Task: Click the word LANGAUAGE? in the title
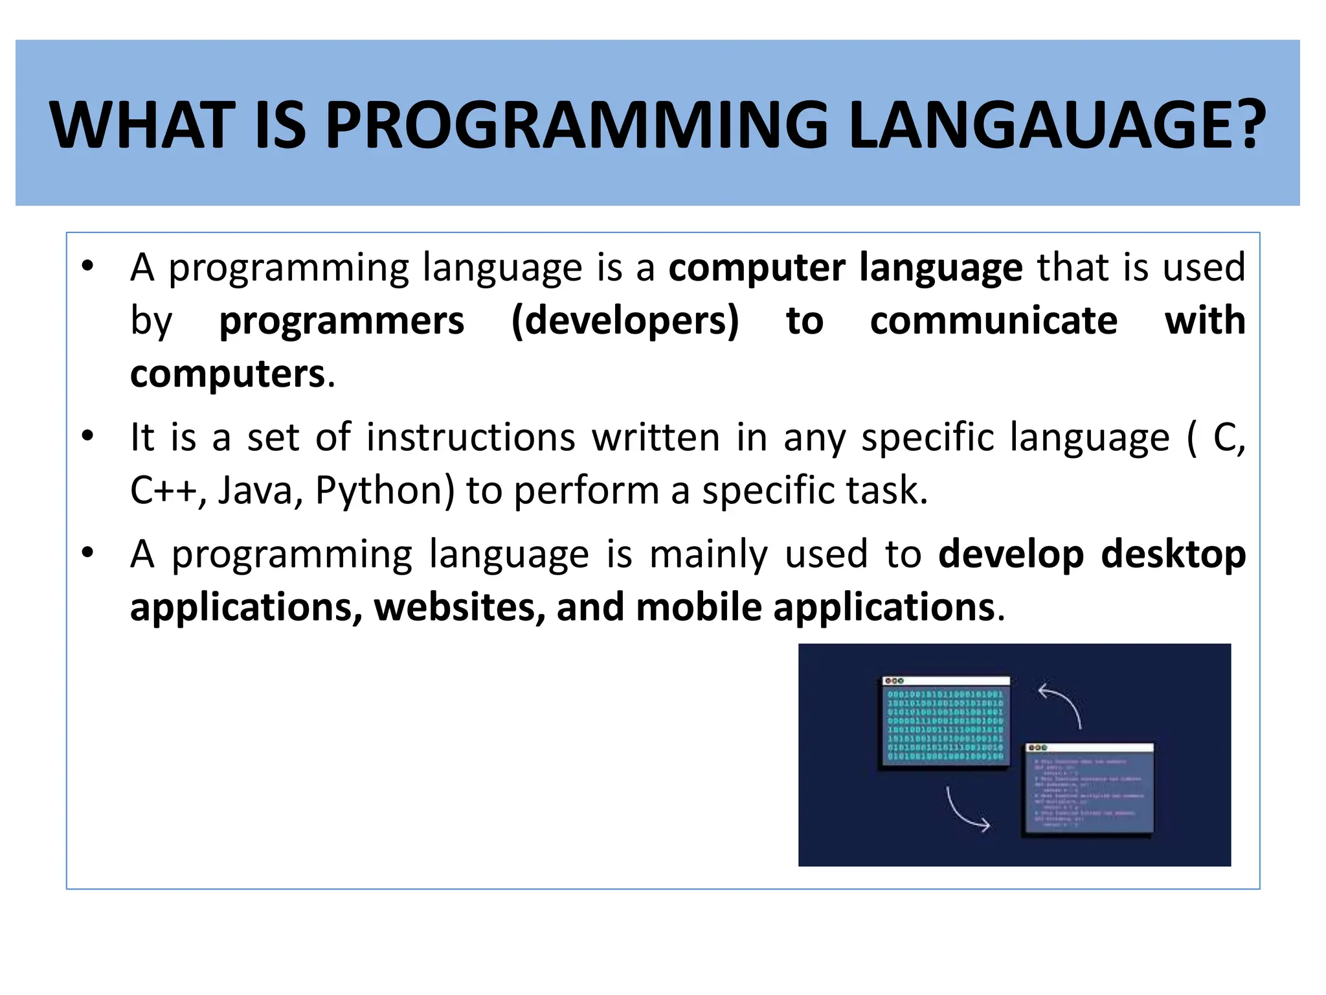[x=1056, y=125]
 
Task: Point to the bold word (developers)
[x=625, y=321]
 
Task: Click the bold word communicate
[x=993, y=321]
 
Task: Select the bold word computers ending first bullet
[x=227, y=374]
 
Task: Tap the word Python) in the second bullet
[x=385, y=490]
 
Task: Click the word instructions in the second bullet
[x=471, y=437]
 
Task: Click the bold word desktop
[x=1173, y=555]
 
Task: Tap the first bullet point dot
[x=88, y=266]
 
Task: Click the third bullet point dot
[x=88, y=553]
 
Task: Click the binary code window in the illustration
[x=945, y=723]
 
